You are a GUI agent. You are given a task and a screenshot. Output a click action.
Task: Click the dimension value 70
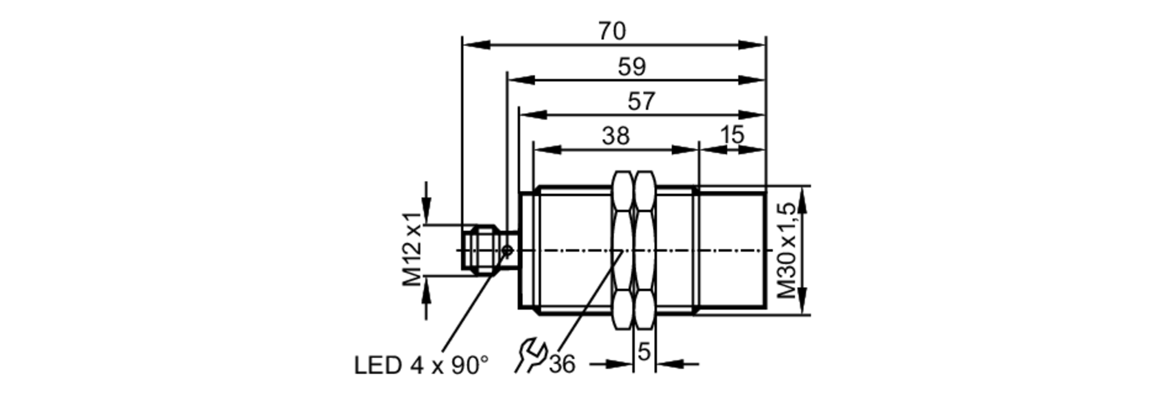click(612, 31)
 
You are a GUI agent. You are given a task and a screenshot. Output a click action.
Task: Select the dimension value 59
click(632, 67)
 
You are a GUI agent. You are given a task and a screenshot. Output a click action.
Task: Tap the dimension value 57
click(641, 101)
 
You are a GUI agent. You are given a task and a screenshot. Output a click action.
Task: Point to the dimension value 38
click(616, 136)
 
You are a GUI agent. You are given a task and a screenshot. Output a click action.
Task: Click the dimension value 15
click(732, 135)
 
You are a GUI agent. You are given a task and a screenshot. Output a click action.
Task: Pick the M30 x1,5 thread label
click(786, 251)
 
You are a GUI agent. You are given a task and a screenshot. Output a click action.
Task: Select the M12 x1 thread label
click(413, 250)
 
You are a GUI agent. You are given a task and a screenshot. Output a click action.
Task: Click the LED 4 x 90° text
click(421, 366)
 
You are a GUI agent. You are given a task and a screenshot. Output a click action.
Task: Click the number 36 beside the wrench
click(562, 365)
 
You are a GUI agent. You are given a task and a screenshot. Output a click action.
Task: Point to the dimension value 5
click(644, 352)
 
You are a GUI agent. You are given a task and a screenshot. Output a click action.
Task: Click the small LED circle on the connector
click(507, 251)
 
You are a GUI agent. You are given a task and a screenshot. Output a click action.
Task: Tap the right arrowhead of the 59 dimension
click(751, 80)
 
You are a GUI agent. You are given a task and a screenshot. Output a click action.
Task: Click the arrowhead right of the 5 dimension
click(668, 365)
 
